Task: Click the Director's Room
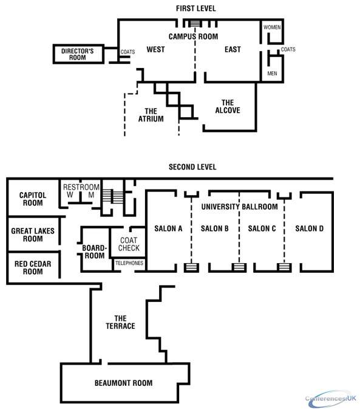click(78, 54)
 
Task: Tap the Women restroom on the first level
click(273, 32)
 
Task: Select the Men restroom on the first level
click(273, 69)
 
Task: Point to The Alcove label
click(228, 106)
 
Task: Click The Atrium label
click(151, 115)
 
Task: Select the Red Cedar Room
click(33, 267)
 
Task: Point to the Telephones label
click(129, 263)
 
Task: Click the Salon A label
click(168, 228)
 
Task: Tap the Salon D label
click(310, 228)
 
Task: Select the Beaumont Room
click(123, 383)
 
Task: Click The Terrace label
click(121, 322)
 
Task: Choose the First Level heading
click(196, 9)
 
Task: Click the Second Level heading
click(192, 167)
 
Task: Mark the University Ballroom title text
click(239, 207)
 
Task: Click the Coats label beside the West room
click(127, 52)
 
